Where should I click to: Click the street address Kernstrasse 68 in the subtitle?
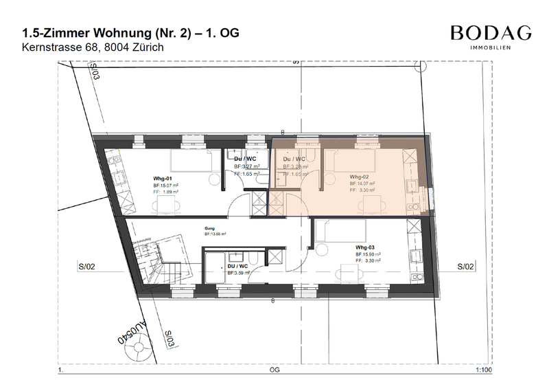coord(61,48)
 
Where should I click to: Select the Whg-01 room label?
coord(162,177)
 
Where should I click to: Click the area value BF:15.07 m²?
coord(165,186)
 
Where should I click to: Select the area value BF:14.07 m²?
coord(364,183)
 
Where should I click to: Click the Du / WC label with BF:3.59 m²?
coord(237,265)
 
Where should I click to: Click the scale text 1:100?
coord(483,369)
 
